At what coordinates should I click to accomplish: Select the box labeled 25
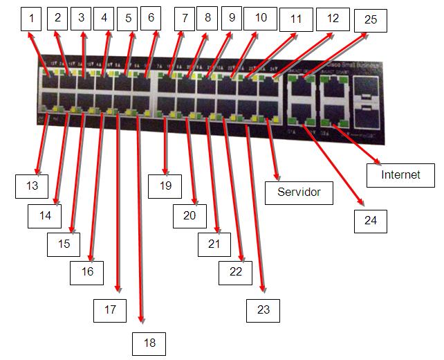point(370,19)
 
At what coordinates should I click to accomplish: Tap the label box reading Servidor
point(299,192)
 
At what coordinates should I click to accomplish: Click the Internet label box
point(400,175)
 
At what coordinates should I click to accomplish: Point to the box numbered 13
point(33,186)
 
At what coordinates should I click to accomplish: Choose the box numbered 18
point(149,343)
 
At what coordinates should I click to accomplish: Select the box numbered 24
point(370,221)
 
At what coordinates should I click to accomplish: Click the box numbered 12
point(333,18)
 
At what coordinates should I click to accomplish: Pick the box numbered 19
point(165,186)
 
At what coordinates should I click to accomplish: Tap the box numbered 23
point(263,309)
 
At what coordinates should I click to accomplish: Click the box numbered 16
point(87,272)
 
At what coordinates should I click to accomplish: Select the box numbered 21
point(214,244)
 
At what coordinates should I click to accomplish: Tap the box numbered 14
point(45,215)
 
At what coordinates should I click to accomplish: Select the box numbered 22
point(236,272)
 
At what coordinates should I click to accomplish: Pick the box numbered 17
point(110,309)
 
